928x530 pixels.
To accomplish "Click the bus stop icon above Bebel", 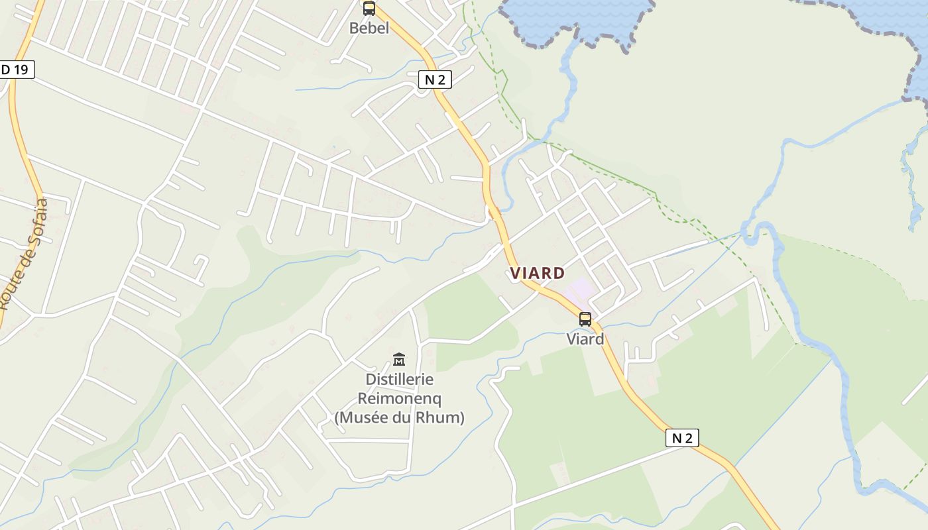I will coord(369,9).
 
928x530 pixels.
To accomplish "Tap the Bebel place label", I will coord(369,28).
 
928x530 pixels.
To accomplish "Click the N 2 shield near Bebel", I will coord(435,80).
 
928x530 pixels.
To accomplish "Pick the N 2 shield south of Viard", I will coord(682,438).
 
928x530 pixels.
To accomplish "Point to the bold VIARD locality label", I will coord(538,273).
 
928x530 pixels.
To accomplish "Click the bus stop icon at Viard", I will coord(585,319).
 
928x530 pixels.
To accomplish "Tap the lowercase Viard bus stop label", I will coord(585,339).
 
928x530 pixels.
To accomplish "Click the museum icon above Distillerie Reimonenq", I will coord(399,360).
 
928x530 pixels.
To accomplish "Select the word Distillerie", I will coord(400,380).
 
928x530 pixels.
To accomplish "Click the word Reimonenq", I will coord(400,399).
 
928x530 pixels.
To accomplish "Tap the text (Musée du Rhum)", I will coord(400,418).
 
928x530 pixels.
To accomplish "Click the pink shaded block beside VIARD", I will coord(579,289).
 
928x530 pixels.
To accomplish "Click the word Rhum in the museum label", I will coord(439,418).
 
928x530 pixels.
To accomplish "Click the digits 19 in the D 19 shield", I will coord(22,69).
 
